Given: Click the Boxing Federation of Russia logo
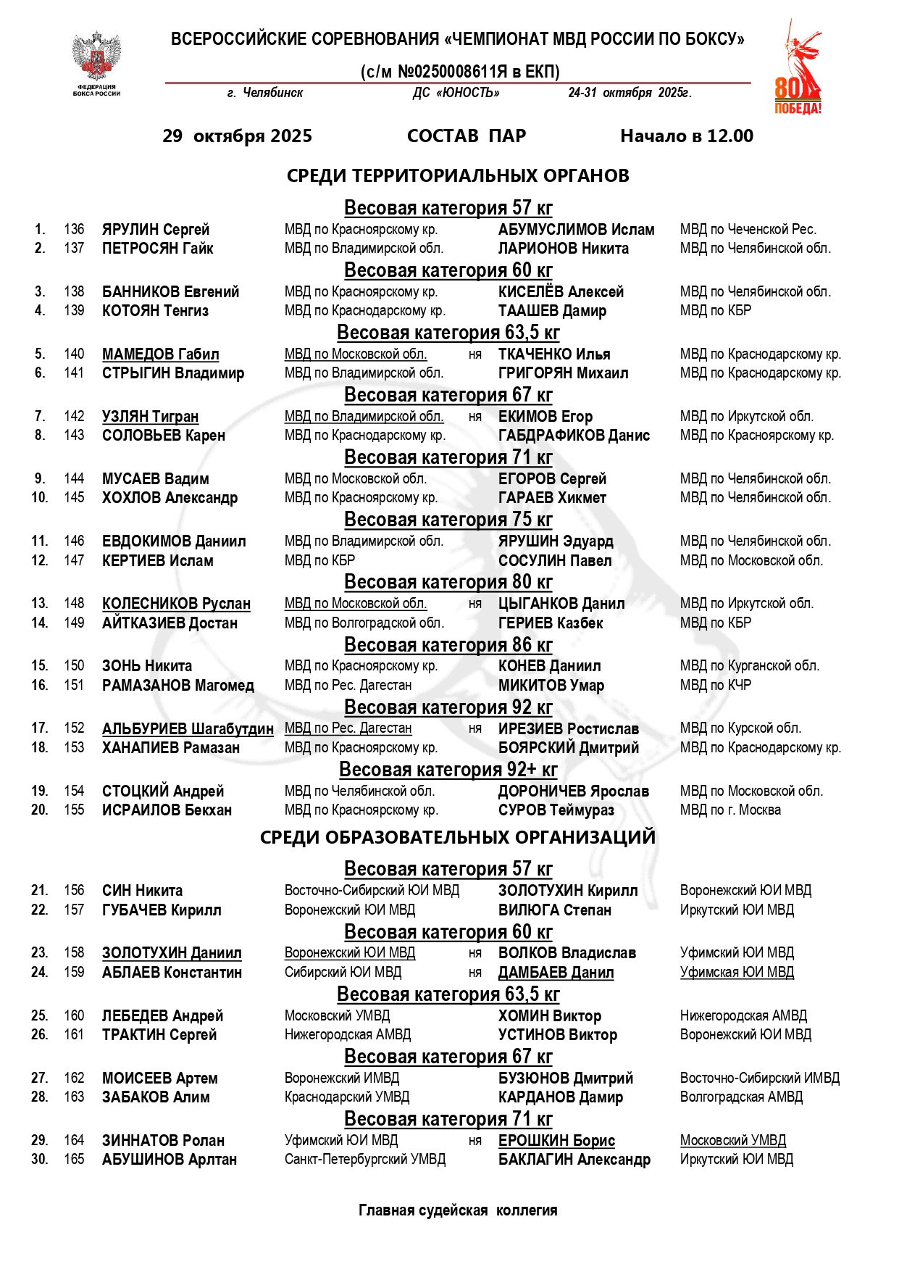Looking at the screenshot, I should (96, 63).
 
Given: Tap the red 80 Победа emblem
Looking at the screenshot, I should (798, 70).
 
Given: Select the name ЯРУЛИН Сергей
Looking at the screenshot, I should (156, 230).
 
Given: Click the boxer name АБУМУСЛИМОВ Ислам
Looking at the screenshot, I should (576, 230).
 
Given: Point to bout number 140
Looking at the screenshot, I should (74, 354).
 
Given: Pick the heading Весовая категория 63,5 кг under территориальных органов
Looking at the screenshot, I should (448, 333).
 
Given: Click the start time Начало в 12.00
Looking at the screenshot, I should (686, 136).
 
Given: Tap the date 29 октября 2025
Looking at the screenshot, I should (237, 136).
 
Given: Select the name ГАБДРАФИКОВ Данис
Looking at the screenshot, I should (574, 436).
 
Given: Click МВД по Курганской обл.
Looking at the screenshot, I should (749, 666).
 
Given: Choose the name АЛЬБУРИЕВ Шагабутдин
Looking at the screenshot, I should (188, 728).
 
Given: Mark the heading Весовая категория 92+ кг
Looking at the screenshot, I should (448, 770).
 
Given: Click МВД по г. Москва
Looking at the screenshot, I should (730, 810).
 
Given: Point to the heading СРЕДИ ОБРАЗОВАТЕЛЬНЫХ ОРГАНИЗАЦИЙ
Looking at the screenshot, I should (457, 837).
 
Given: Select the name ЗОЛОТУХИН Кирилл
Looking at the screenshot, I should (568, 891).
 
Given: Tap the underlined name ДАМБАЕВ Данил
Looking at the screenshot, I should (556, 973).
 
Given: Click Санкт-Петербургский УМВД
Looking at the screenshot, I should (365, 1160).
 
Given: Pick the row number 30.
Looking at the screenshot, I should (40, 1160).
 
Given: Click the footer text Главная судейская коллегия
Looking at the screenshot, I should (458, 1210).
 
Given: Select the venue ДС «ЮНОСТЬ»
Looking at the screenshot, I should (456, 93).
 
